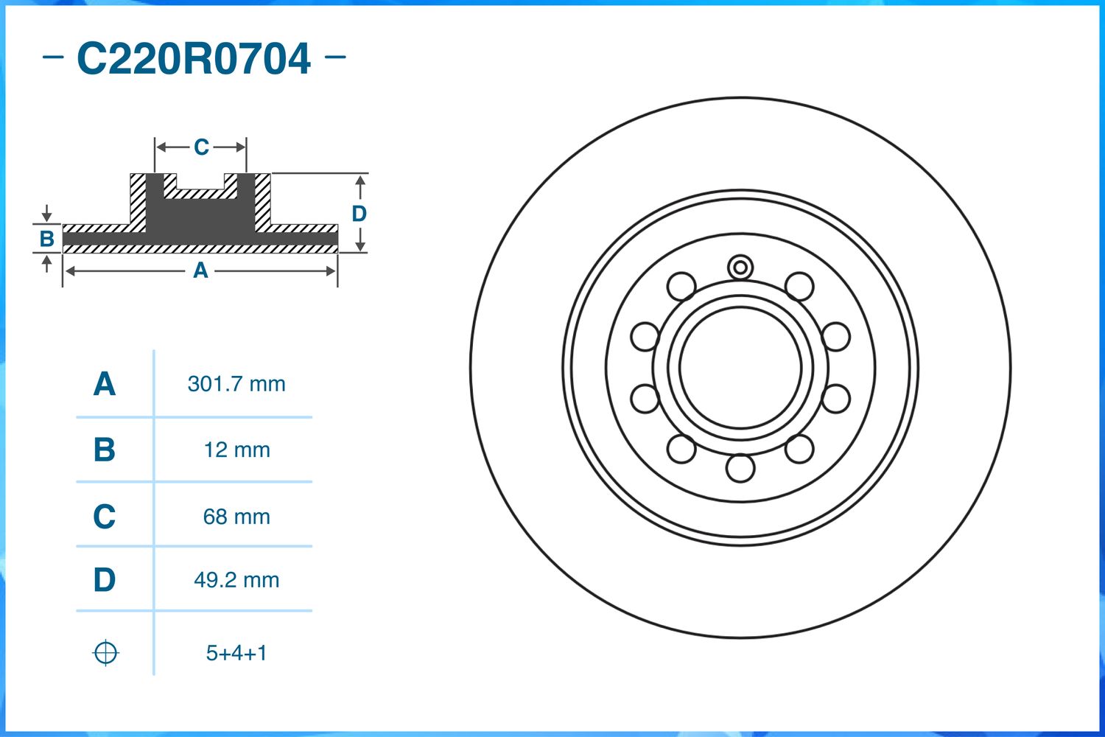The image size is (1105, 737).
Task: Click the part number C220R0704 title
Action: click(x=194, y=59)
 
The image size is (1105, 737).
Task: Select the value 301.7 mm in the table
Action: click(x=236, y=384)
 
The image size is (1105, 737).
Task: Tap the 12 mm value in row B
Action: click(x=236, y=450)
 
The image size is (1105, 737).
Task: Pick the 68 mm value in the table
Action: click(x=236, y=517)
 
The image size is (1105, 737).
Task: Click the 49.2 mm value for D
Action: click(x=236, y=580)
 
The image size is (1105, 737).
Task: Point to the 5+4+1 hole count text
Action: click(x=236, y=653)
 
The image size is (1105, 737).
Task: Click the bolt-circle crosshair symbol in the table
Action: click(x=105, y=653)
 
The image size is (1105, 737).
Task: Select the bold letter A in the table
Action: click(x=104, y=384)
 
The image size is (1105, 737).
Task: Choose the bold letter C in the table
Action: click(x=104, y=517)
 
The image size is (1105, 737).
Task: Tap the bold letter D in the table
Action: click(x=104, y=580)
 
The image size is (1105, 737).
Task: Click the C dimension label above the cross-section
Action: click(x=201, y=147)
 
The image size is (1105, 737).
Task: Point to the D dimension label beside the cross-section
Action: click(x=359, y=214)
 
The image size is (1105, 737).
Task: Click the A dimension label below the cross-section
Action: click(x=200, y=271)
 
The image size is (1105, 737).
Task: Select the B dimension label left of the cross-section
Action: click(x=46, y=239)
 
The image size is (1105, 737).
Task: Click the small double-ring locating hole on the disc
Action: click(x=740, y=267)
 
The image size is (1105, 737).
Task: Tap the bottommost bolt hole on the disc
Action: click(x=740, y=468)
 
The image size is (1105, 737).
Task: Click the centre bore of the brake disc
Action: click(x=740, y=367)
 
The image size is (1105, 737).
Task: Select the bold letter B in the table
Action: click(x=104, y=450)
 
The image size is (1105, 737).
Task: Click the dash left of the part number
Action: click(x=53, y=57)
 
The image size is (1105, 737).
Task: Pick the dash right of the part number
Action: click(x=335, y=57)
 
